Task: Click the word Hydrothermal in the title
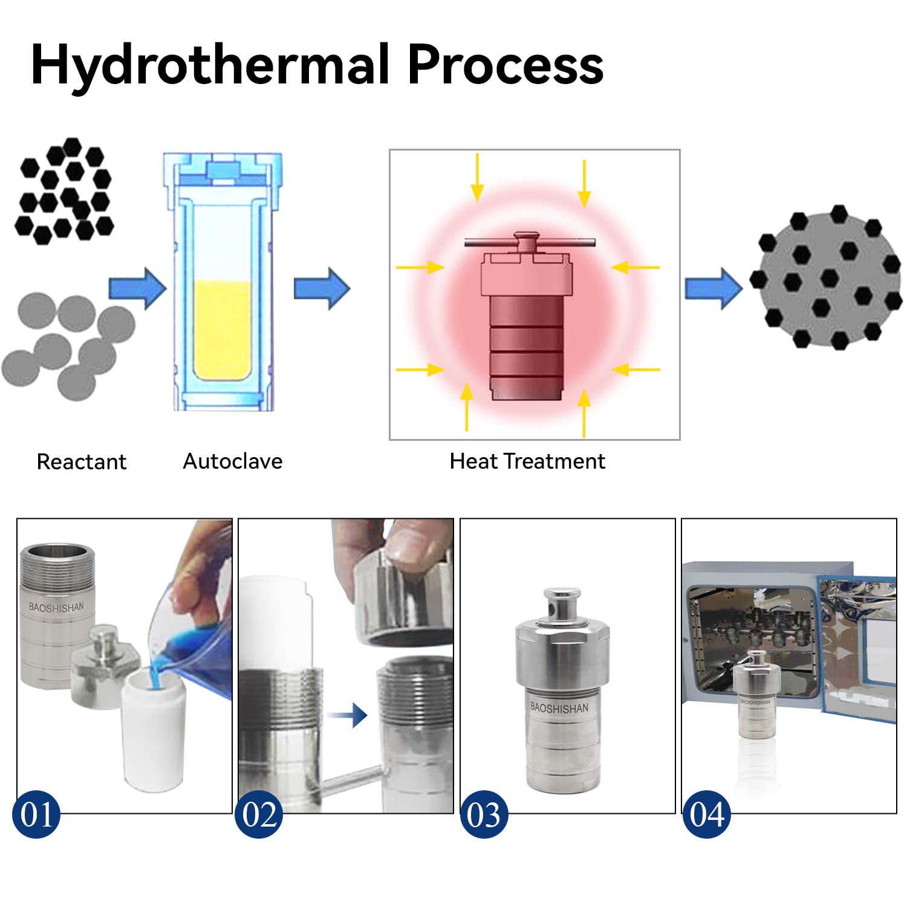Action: (x=209, y=65)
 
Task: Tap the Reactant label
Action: (x=82, y=462)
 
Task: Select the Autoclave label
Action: (x=233, y=461)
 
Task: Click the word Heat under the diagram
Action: (x=473, y=461)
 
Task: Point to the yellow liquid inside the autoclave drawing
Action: (x=223, y=330)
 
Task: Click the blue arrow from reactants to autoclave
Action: (x=137, y=289)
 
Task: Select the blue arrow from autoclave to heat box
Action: (x=322, y=288)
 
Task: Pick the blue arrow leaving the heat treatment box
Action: (x=713, y=289)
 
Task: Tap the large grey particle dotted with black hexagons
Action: (x=825, y=279)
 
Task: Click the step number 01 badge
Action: (x=36, y=814)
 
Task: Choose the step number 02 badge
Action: (x=259, y=814)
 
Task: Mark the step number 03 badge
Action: (x=484, y=814)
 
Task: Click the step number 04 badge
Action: (x=706, y=814)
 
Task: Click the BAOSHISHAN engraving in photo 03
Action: (x=559, y=708)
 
